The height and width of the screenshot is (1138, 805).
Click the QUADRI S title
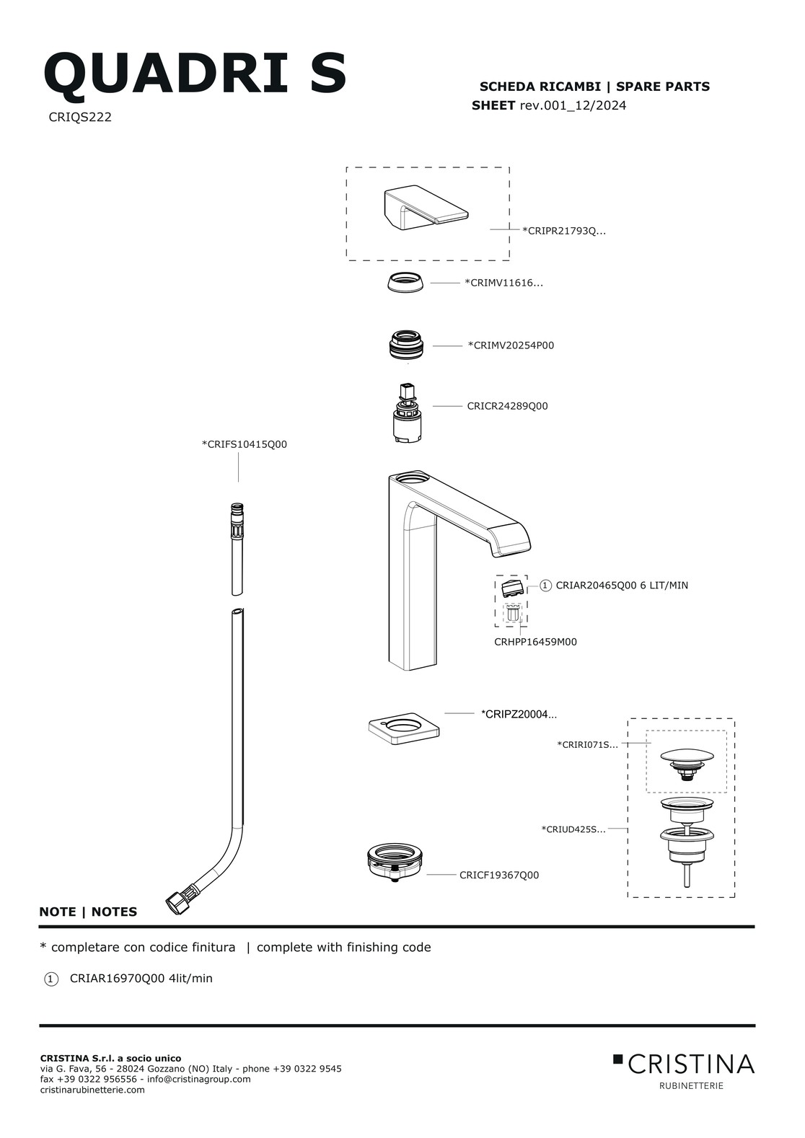[x=195, y=74]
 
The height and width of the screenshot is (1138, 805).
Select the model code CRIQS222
[x=80, y=118]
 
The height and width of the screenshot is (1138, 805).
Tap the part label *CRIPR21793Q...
[x=563, y=231]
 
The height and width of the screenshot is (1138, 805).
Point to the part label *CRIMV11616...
[x=503, y=283]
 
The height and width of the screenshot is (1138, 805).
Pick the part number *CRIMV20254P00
[x=511, y=345]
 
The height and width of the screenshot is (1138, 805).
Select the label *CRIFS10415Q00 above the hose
[x=245, y=444]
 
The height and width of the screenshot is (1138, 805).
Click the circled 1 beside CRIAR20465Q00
[x=545, y=586]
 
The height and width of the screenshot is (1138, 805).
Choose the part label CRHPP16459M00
[x=535, y=642]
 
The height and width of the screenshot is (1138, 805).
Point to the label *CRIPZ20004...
[x=519, y=715]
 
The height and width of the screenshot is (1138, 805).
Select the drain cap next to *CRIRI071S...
[x=687, y=761]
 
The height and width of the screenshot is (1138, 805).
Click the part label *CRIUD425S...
[x=573, y=829]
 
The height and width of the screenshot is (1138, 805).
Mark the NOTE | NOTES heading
[x=88, y=912]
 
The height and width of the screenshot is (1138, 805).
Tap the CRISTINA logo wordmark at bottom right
[x=690, y=1064]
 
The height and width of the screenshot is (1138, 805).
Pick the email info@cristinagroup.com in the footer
[x=198, y=1079]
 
